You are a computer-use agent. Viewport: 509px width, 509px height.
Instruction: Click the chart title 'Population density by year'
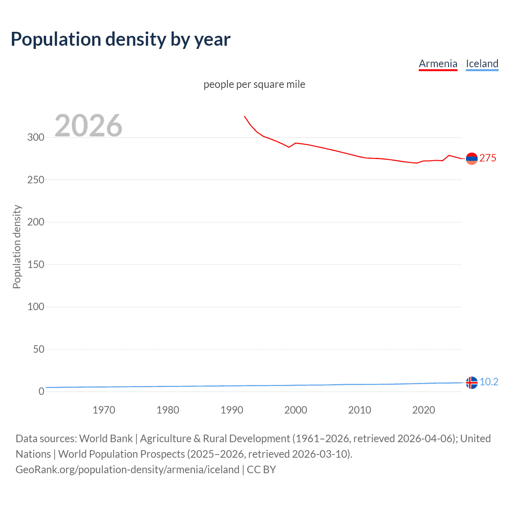(x=120, y=39)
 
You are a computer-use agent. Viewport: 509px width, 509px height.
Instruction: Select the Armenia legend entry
(x=438, y=64)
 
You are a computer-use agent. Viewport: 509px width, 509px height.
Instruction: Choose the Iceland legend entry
(x=482, y=64)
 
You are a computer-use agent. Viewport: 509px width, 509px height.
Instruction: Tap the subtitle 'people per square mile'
(x=254, y=84)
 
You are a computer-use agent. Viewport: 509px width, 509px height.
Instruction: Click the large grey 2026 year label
(x=88, y=126)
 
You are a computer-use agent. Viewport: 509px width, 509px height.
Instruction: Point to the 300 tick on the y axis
(x=36, y=137)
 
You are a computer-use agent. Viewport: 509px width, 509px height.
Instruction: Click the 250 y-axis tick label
(x=36, y=180)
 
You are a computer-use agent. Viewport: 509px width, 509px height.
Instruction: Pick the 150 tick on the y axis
(x=36, y=264)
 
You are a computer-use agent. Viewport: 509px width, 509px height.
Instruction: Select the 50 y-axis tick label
(x=39, y=349)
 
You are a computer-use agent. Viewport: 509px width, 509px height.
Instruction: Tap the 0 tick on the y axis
(x=41, y=391)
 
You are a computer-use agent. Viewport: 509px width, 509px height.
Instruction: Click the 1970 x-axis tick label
(x=104, y=410)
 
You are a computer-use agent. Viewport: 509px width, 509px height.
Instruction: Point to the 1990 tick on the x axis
(x=232, y=410)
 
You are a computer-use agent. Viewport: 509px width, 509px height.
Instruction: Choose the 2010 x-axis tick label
(x=359, y=410)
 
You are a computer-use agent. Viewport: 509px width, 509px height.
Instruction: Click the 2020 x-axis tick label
(x=424, y=410)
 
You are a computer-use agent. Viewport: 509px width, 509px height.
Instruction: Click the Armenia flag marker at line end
(x=472, y=158)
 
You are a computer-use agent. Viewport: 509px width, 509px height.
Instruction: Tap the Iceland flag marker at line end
(x=472, y=382)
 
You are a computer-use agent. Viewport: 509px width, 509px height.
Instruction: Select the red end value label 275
(x=488, y=158)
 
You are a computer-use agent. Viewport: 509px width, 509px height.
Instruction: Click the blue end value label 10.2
(x=489, y=382)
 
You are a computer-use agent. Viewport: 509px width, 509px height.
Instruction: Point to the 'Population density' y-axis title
(x=17, y=247)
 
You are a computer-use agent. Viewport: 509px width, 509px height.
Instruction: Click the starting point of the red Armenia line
(x=244, y=116)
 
